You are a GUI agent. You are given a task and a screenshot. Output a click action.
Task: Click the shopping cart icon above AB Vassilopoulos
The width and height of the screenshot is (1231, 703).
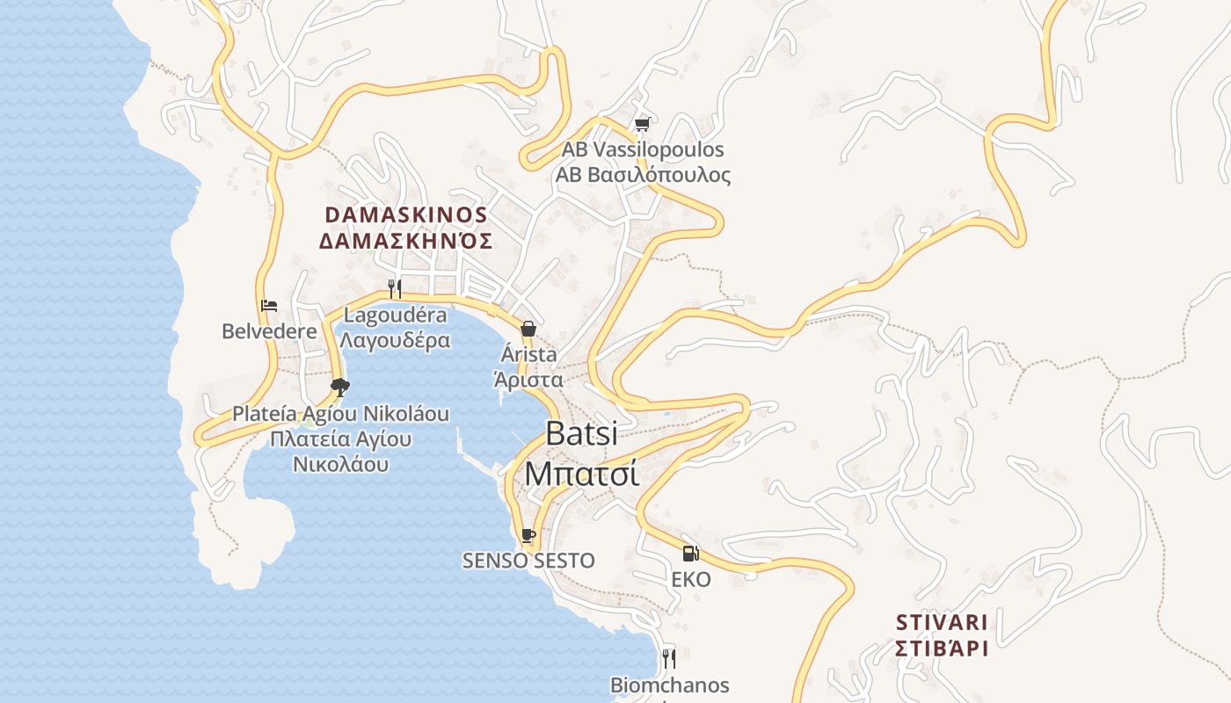pos(642,125)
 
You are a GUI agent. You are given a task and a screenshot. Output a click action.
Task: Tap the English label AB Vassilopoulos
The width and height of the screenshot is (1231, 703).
pos(643,149)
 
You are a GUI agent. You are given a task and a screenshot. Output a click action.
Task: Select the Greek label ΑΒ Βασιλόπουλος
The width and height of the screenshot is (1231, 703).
pos(643,175)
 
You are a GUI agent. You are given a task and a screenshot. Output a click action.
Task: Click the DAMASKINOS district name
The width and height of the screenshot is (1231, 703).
pos(406,215)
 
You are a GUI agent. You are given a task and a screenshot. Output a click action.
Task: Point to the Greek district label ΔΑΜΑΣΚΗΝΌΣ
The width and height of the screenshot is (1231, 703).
pos(406,241)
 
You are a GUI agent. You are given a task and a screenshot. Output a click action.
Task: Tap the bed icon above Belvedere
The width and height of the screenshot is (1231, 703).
pos(269,306)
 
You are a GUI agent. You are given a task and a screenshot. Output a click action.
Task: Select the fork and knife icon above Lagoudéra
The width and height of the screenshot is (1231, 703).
pos(395,288)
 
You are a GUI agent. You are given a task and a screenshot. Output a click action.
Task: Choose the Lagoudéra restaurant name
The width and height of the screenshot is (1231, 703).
pos(395,315)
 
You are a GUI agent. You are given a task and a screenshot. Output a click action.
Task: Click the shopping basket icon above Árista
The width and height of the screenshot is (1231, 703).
pos(528,330)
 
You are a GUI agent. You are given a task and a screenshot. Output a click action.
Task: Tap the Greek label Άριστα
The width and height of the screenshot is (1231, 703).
pos(528,380)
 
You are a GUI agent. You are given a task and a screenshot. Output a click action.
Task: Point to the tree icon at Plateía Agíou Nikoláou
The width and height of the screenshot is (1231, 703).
pos(340,387)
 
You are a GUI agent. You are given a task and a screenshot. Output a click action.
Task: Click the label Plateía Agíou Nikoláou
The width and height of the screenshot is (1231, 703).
pos(340,413)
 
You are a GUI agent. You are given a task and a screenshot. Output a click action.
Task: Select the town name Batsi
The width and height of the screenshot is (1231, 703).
pos(581,433)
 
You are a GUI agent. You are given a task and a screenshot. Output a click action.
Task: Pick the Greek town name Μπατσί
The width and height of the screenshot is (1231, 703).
pos(581,473)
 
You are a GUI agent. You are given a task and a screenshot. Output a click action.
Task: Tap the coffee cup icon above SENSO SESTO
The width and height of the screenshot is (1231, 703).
pos(528,534)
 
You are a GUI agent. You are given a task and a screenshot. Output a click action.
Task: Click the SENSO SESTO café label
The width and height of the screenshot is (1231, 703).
pos(528,561)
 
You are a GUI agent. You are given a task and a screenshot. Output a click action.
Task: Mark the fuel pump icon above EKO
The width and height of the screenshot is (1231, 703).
pos(691,554)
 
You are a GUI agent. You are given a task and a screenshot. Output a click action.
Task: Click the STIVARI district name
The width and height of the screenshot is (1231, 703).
pos(942,622)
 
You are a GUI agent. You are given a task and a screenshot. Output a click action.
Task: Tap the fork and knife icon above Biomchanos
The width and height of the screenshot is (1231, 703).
pos(669,658)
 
